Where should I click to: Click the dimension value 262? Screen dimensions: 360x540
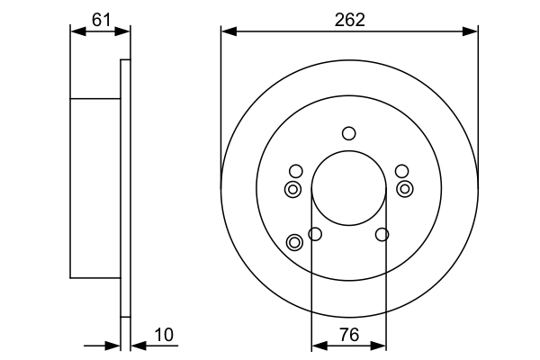[x=349, y=19]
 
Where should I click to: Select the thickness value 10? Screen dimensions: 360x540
[x=163, y=335]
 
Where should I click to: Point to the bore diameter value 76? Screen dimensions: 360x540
[x=348, y=335]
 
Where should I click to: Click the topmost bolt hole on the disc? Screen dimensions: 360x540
[x=349, y=134]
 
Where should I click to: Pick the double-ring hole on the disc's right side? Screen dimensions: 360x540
[x=405, y=189]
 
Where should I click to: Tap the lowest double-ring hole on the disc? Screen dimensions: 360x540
[x=294, y=242]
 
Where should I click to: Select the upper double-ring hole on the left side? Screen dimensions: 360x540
[x=292, y=189]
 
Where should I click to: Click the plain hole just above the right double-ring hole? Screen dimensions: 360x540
[x=401, y=171]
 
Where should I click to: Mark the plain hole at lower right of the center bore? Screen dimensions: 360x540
[x=382, y=235]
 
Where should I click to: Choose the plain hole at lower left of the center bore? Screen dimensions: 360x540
[x=315, y=235]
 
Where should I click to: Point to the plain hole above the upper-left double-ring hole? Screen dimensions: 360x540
[x=295, y=171]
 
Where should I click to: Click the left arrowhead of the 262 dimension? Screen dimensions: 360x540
[x=227, y=31]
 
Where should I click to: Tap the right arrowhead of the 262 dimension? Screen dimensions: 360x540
[x=472, y=31]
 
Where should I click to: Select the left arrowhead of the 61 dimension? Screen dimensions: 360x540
[x=76, y=31]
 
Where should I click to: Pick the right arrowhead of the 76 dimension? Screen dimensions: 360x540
[x=382, y=345]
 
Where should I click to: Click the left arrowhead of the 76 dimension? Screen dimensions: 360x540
[x=317, y=345]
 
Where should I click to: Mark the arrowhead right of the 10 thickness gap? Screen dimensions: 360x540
[x=135, y=345]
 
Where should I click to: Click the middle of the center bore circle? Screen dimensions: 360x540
[x=349, y=189]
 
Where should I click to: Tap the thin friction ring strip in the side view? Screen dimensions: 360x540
[x=125, y=189]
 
